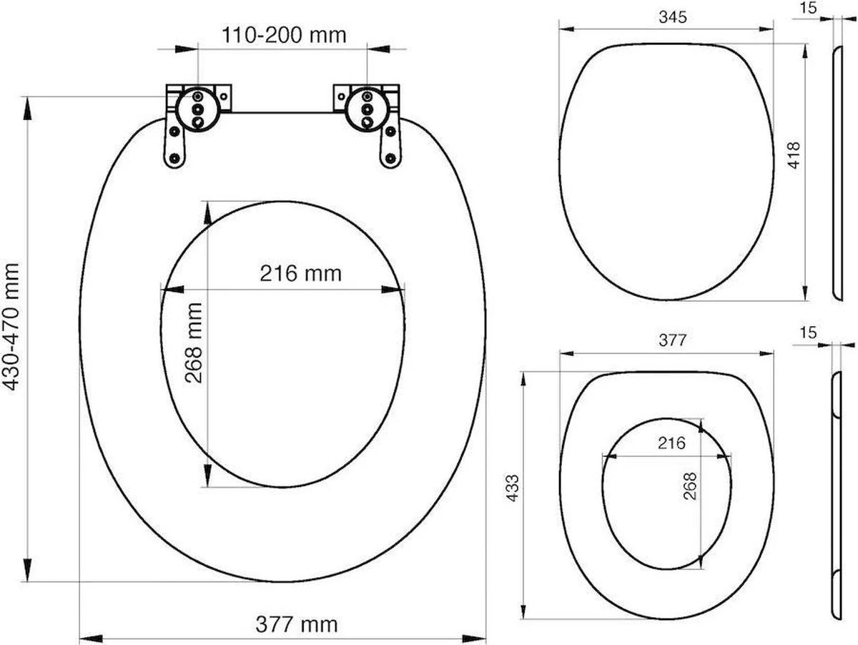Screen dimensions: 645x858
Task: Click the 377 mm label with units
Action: (x=296, y=624)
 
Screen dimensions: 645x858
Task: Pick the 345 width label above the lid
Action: (x=672, y=17)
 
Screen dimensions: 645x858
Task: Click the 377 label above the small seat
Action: (x=672, y=341)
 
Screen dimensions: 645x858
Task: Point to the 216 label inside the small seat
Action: (x=671, y=443)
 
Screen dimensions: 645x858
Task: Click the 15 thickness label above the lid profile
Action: (x=807, y=8)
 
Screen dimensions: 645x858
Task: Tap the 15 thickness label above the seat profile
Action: (x=807, y=333)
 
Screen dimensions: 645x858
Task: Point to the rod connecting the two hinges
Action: (x=282, y=112)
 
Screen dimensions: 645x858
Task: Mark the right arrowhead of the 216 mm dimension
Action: (x=393, y=290)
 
